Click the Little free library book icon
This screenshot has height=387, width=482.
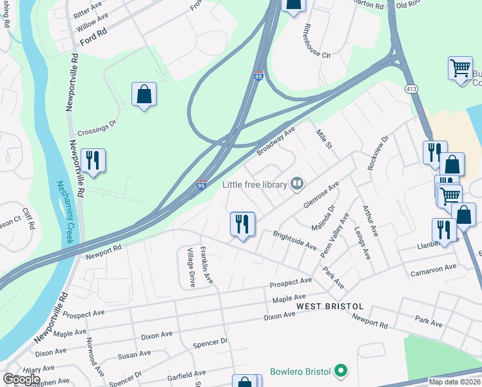pyautogui.click(x=297, y=184)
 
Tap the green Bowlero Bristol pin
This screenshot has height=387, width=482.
pyautogui.click(x=342, y=371)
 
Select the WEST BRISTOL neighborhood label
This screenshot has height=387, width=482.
pyautogui.click(x=330, y=306)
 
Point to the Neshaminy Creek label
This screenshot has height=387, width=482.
pyautogui.click(x=67, y=212)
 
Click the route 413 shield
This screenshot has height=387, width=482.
pyautogui.click(x=410, y=88)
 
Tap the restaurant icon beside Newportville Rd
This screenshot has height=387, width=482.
pyautogui.click(x=93, y=161)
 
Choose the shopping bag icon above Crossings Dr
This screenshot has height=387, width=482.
pyautogui.click(x=144, y=95)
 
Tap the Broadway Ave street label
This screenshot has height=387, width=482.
pyautogui.click(x=276, y=140)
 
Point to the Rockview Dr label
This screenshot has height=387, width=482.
pyautogui.click(x=378, y=152)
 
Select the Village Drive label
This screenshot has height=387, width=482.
pyautogui.click(x=190, y=267)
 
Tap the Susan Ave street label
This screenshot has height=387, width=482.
pyautogui.click(x=134, y=355)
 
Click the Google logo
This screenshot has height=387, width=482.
pyautogui.click(x=22, y=379)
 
